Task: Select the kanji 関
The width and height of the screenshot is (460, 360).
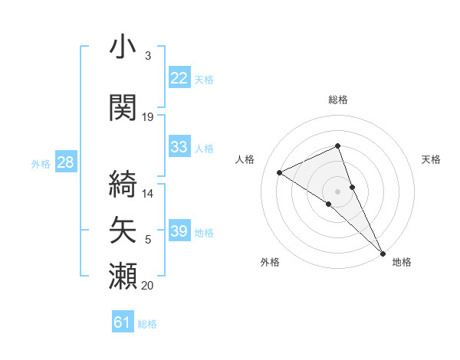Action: tap(123, 108)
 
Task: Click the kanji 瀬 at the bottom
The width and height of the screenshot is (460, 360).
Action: tap(123, 276)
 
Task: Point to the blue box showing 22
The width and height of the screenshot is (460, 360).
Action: tap(179, 78)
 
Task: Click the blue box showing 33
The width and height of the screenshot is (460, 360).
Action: tap(179, 147)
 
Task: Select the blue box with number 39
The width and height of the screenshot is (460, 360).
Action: tap(179, 231)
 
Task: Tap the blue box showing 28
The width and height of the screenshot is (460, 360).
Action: tap(65, 162)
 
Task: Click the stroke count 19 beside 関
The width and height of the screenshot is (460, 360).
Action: tap(148, 117)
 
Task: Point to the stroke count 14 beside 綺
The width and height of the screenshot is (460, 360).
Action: tap(148, 194)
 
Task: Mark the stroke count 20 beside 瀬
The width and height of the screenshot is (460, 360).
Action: tap(148, 286)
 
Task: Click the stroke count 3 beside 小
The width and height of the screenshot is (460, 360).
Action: tap(147, 56)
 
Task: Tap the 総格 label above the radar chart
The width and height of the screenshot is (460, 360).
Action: tap(337, 100)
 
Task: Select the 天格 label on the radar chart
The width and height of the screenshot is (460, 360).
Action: tap(431, 159)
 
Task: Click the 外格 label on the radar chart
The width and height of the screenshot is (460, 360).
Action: tap(270, 262)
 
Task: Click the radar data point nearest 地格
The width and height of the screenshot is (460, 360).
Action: tap(383, 252)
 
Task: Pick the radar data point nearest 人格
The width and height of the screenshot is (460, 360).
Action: tap(280, 172)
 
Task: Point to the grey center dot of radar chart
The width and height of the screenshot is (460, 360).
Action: tap(337, 191)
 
